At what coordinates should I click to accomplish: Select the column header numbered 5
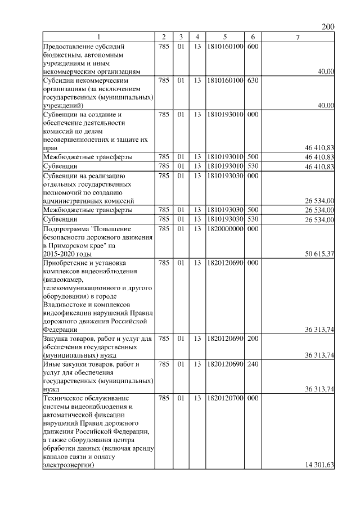pos(224,38)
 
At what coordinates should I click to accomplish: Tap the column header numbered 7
pos(298,38)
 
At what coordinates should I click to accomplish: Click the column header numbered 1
pos(98,38)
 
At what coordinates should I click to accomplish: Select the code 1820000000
pos(224,229)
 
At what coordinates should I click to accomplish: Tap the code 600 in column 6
pos(253,47)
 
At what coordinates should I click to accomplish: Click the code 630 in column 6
pos(253,80)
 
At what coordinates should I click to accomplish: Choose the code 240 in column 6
pos(253,364)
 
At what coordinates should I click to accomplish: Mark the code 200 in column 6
pos(253,339)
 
